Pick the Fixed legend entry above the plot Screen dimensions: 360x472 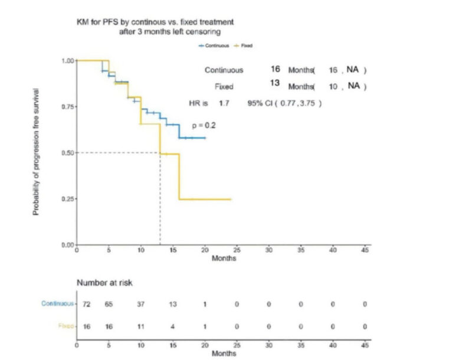point(244,44)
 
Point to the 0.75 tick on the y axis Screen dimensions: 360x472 point(68,107)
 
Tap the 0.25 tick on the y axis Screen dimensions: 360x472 point(68,199)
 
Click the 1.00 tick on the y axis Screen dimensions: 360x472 point(68,61)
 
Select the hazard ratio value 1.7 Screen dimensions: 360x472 point(224,103)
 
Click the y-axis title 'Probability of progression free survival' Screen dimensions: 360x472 point(37,152)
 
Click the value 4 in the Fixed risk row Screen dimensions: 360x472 point(173,325)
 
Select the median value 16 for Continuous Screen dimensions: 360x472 point(275,69)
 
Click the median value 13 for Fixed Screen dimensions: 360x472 point(274,83)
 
